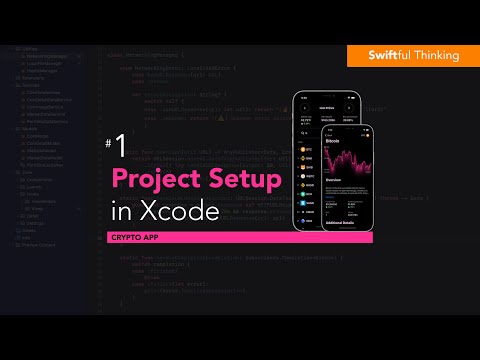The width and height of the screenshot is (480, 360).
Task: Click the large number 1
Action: click(120, 148)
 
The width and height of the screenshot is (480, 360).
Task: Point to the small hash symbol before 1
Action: click(108, 143)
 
